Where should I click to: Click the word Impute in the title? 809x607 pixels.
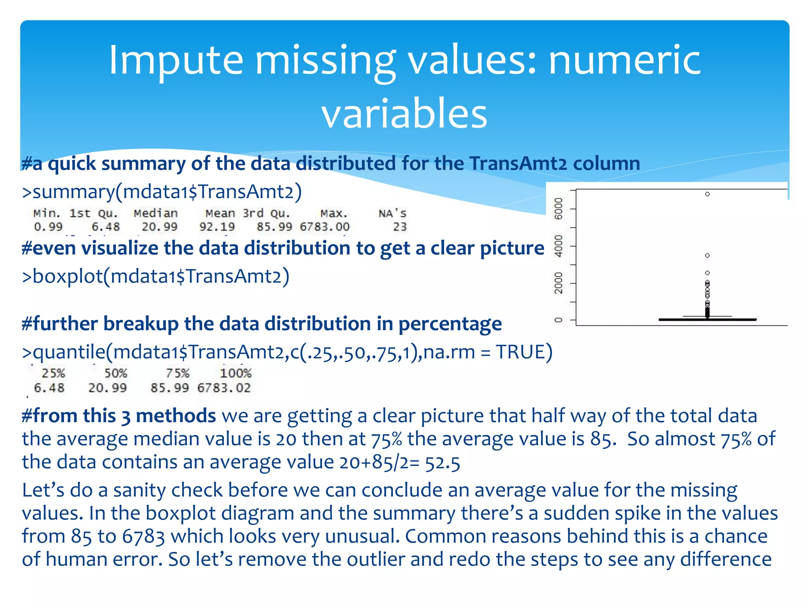coord(176,60)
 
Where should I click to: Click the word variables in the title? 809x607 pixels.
coord(404,114)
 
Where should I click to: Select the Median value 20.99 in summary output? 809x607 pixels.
coord(160,227)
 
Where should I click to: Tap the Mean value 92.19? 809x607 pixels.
coord(217,227)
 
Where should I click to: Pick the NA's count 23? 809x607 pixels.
coord(400,227)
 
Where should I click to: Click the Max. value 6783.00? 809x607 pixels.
coord(325,227)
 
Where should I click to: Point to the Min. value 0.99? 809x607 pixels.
coord(48,227)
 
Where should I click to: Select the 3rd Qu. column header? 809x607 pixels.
coord(267,213)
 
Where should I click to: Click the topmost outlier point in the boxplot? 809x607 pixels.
coord(707,194)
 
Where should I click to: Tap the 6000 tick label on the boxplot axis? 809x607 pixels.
coord(558,209)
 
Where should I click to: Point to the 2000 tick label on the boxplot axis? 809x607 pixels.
coord(558,283)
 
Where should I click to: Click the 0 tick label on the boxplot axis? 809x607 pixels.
coord(558,320)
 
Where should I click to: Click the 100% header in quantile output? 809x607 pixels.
coord(235,373)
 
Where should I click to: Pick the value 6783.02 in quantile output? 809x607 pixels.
coord(224,388)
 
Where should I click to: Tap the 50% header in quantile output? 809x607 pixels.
coord(115,373)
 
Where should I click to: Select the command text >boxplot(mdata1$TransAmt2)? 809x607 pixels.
coord(156,276)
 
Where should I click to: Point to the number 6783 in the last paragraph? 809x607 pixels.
coord(143,537)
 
